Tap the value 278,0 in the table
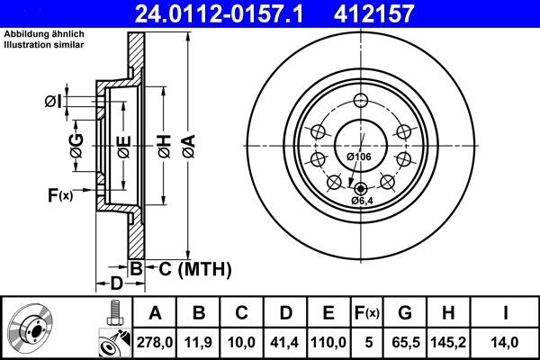(x=155, y=342)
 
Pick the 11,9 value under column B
(x=199, y=342)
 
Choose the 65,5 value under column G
(x=405, y=342)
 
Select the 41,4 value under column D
(x=285, y=342)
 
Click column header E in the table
(x=328, y=313)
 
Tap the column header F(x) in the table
(x=367, y=313)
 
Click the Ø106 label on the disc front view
(x=359, y=157)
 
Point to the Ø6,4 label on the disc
(x=364, y=200)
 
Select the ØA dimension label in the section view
(x=187, y=147)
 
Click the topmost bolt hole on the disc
(x=361, y=101)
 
